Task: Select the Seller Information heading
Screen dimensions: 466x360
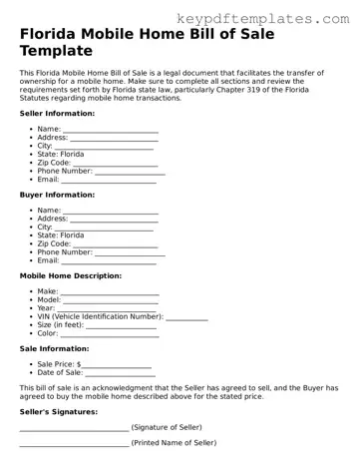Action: pos(58,113)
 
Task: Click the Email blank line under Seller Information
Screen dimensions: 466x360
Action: pos(109,181)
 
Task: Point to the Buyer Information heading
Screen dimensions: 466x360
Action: pos(57,195)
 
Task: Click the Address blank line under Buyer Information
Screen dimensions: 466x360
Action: pos(116,219)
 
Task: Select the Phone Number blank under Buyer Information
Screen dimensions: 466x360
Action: pos(129,252)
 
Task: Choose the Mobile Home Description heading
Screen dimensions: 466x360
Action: pos(71,274)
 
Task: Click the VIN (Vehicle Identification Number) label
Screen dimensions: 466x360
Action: pos(100,316)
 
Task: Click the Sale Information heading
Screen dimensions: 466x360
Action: pos(54,349)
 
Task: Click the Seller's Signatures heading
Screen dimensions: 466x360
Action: pos(58,411)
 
